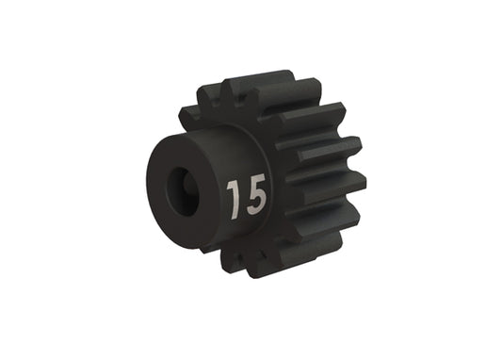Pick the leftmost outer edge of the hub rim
pos(147,184)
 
